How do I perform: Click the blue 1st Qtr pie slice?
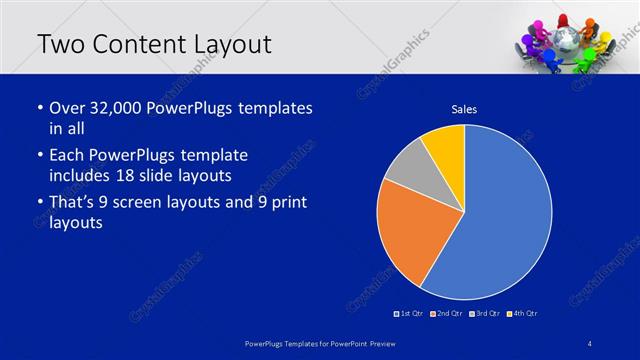click(500, 220)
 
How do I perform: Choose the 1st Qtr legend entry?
click(410, 314)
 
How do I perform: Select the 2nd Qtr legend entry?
click(446, 314)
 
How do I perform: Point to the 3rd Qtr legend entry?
click(484, 314)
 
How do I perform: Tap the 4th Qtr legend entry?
click(522, 314)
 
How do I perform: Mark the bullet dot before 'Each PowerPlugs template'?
click(39, 156)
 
